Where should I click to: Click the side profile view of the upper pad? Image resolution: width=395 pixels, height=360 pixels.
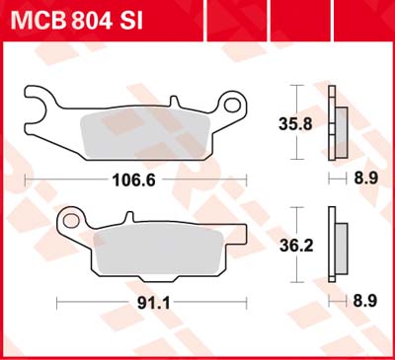coord(338,124)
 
